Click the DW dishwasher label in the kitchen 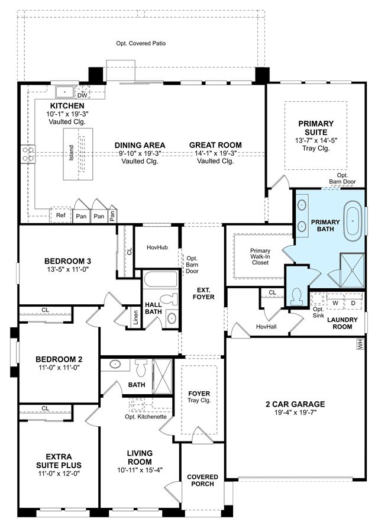[x=82, y=95]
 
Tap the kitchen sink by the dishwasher [x=64, y=92]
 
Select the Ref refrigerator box [x=60, y=215]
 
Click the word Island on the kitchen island [x=71, y=153]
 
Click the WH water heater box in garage [x=360, y=344]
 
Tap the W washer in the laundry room [x=335, y=302]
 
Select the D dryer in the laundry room [x=353, y=302]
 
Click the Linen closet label [x=135, y=317]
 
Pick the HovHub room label [x=157, y=247]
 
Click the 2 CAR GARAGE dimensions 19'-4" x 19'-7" [x=296, y=412]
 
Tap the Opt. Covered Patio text [x=141, y=43]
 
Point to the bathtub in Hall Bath [x=160, y=279]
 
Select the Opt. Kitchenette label [x=146, y=417]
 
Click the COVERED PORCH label [x=203, y=480]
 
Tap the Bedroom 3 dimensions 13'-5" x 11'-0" [x=67, y=269]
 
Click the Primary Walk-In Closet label [x=260, y=256]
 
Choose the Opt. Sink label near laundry [x=318, y=312]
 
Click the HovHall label [x=266, y=326]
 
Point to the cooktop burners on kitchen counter [x=28, y=153]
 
